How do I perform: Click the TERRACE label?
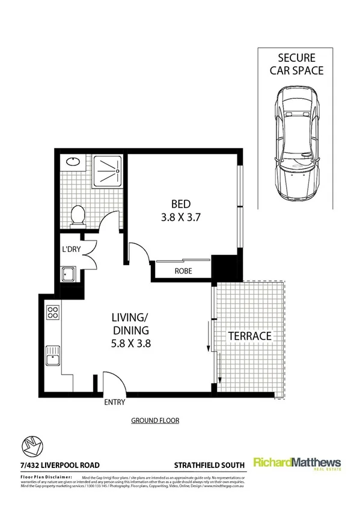point(249,336)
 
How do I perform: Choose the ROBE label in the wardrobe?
point(183,271)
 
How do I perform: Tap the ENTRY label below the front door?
point(115,402)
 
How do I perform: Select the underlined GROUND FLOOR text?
point(155,421)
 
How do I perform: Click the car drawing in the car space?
point(294,144)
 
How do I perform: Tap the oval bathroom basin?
point(73,161)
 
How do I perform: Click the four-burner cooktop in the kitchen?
point(52,313)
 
